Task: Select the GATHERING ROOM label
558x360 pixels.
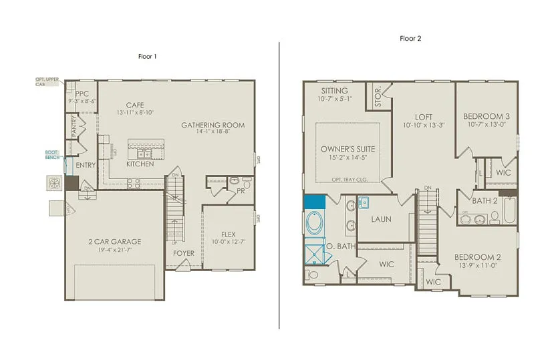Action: pos(213,125)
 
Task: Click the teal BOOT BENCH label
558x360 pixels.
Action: pos(52,154)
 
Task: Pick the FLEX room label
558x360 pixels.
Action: pos(229,234)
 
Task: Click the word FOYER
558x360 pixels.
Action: pos(184,254)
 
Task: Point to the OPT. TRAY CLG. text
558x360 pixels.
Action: pos(350,180)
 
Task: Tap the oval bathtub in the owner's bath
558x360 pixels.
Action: pos(313,223)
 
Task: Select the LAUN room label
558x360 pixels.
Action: pos(382,219)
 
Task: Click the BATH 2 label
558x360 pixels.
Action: pos(485,200)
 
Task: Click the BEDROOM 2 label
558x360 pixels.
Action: pos(477,257)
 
